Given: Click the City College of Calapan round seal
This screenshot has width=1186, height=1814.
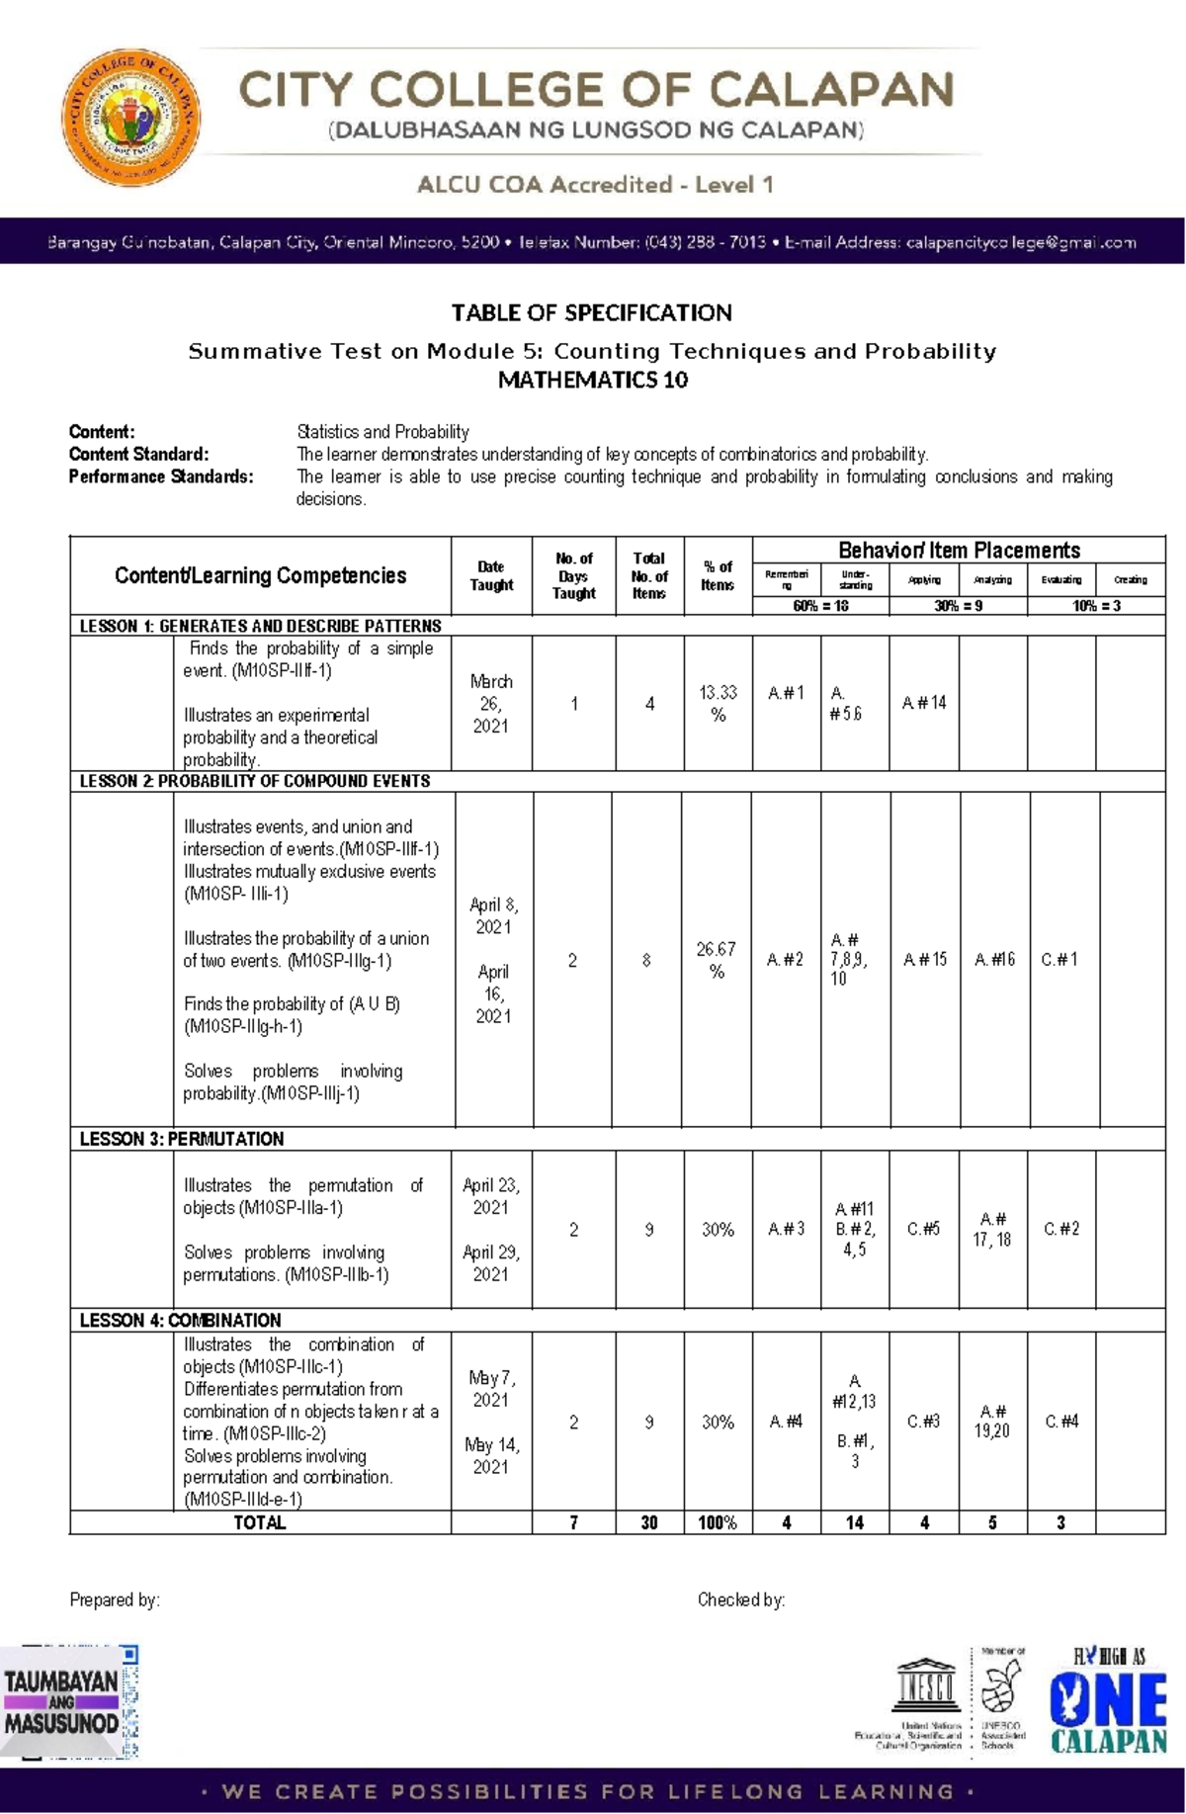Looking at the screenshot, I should tap(131, 118).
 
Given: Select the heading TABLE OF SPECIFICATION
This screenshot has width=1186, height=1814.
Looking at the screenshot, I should tap(591, 313).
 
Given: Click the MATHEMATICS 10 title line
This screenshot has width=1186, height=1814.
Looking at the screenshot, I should tap(592, 381).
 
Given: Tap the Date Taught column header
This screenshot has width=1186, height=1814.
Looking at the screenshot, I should tap(491, 575).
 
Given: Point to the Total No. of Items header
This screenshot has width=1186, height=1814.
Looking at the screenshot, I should tap(649, 575).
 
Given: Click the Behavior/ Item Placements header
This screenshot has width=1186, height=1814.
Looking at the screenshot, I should tap(959, 551).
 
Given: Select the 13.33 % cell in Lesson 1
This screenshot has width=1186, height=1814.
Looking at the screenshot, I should tap(718, 703).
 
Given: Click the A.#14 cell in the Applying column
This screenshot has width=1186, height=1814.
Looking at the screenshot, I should tap(924, 703).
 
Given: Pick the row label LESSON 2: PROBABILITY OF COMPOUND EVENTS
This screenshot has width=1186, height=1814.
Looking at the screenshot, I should tap(254, 781).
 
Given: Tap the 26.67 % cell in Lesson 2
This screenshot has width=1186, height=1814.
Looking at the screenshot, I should tap(717, 960).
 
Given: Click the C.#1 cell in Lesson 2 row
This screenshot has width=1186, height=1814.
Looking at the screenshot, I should tap(1059, 959).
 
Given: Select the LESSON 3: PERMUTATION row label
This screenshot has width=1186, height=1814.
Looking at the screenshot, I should tap(181, 1139).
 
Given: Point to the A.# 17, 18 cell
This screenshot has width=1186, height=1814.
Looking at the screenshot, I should tap(992, 1230).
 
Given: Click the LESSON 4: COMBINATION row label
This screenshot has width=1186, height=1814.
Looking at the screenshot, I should tap(180, 1320).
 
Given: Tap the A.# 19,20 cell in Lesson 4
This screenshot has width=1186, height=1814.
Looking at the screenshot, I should tap(992, 1422).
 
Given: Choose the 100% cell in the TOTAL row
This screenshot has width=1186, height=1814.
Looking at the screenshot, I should tap(718, 1523).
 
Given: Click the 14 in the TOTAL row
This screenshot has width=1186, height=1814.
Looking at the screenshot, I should tap(854, 1523).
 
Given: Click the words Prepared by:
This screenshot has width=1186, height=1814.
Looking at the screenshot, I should tap(115, 1599).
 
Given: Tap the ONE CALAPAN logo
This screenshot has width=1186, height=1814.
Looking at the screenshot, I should tap(1108, 1702).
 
